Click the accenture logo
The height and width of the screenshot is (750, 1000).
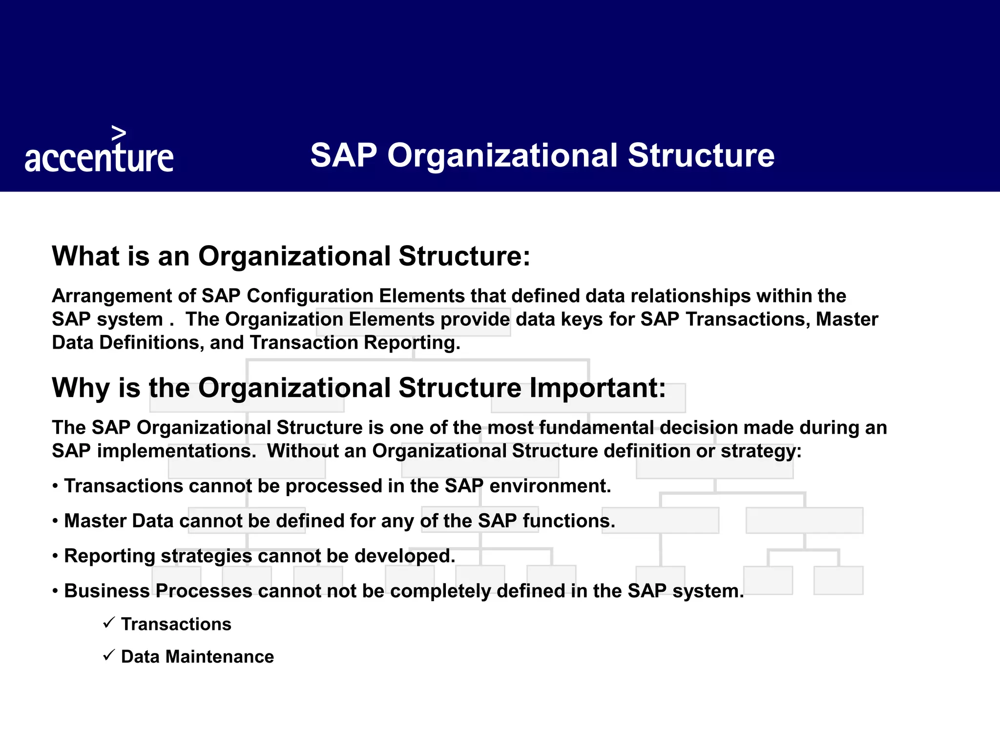[x=99, y=158]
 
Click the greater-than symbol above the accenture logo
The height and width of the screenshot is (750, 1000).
[x=119, y=133]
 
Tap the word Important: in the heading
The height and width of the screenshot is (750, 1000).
[x=598, y=388]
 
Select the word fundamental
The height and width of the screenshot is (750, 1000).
[x=596, y=428]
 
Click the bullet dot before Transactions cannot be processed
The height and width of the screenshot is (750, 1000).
[x=56, y=487]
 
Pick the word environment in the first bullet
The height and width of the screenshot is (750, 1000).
[x=550, y=486]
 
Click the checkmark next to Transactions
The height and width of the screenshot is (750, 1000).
[x=109, y=623]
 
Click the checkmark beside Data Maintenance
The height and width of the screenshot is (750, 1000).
[x=109, y=655]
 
